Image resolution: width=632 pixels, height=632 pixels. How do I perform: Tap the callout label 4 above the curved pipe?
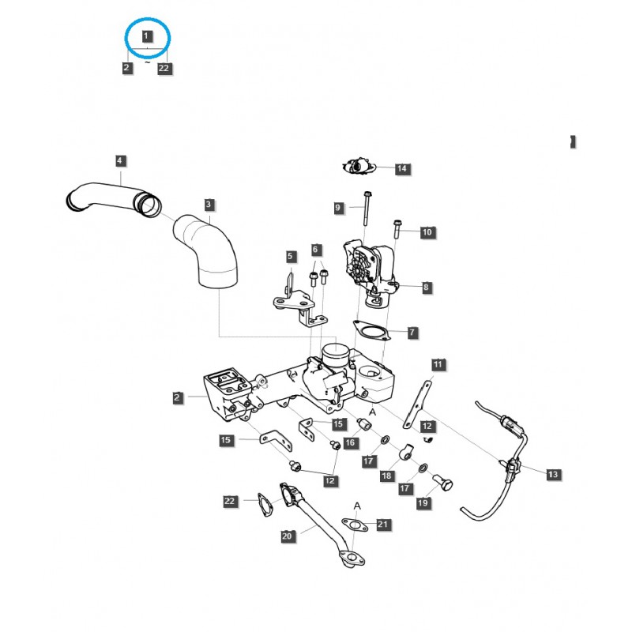(x=119, y=161)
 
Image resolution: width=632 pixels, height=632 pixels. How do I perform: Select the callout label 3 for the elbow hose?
(x=208, y=205)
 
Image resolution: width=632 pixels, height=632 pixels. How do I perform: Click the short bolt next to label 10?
(x=397, y=228)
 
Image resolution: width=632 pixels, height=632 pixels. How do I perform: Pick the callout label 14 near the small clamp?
(x=401, y=169)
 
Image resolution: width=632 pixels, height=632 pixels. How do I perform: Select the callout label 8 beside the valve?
(x=426, y=288)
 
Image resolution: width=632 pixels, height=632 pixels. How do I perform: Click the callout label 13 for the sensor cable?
(x=552, y=474)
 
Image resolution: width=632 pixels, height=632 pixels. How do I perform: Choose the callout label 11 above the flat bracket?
(x=438, y=364)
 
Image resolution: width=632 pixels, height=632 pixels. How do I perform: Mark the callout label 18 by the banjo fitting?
(x=387, y=476)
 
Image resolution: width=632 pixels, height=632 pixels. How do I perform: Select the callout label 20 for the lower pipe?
(x=287, y=536)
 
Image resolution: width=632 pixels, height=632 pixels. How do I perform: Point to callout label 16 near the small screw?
(x=349, y=443)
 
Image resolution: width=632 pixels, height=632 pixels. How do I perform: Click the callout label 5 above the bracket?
(x=290, y=256)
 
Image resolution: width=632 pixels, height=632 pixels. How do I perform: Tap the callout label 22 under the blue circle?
(x=164, y=69)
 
